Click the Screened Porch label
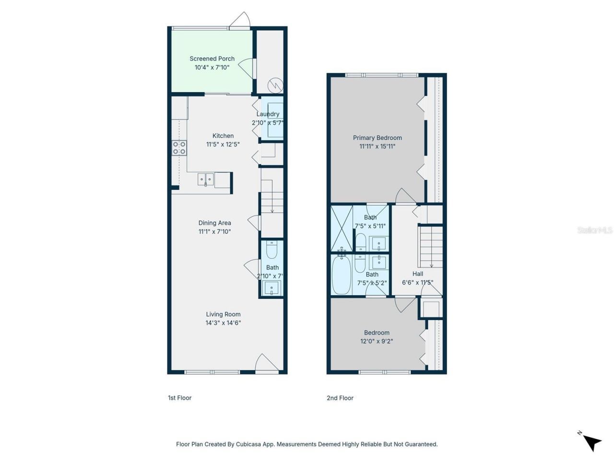(x=212, y=59)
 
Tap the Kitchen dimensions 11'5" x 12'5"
(x=223, y=144)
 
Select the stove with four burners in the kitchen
(x=179, y=148)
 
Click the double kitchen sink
(x=206, y=180)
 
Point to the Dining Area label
(x=214, y=223)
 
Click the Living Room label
(x=223, y=314)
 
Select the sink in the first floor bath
(x=272, y=288)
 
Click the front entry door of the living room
(x=266, y=364)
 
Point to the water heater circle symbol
(x=275, y=85)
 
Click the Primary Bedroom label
(x=377, y=138)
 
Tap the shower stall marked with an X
(x=342, y=228)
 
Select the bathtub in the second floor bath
(x=342, y=276)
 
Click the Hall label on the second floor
(x=417, y=274)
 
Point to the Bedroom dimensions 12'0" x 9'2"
(x=377, y=342)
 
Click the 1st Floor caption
(x=179, y=398)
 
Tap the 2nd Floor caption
(x=340, y=398)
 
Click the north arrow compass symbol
(x=591, y=441)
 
